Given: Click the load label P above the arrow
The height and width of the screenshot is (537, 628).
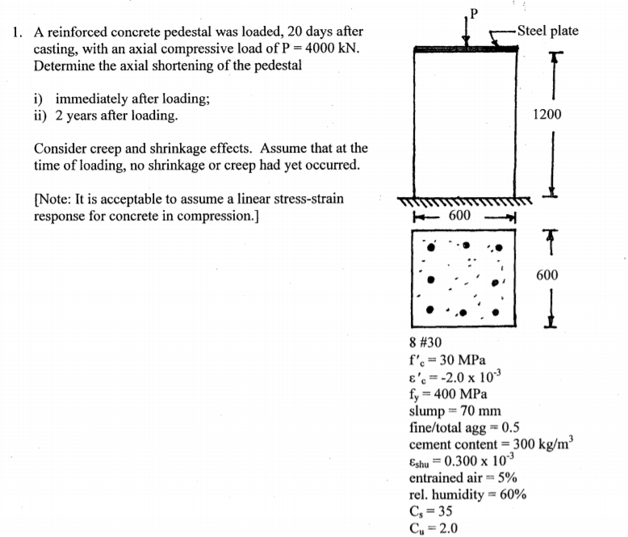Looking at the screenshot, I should (475, 12).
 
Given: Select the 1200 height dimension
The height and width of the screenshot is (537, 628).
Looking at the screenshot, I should (547, 115).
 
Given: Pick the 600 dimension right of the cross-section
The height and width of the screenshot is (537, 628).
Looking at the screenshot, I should (546, 275).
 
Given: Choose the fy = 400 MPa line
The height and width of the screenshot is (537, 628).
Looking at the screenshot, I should (448, 394).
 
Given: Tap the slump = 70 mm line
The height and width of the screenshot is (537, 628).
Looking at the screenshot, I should (455, 411).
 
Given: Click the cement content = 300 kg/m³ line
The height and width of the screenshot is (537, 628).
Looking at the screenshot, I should (491, 445).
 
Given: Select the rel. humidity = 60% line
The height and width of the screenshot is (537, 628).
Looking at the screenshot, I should (468, 495).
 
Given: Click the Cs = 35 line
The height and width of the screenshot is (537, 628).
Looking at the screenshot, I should (431, 512).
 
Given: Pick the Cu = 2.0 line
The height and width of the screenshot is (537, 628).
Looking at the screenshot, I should (433, 529).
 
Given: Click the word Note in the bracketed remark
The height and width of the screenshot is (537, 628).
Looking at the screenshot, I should (54, 200).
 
